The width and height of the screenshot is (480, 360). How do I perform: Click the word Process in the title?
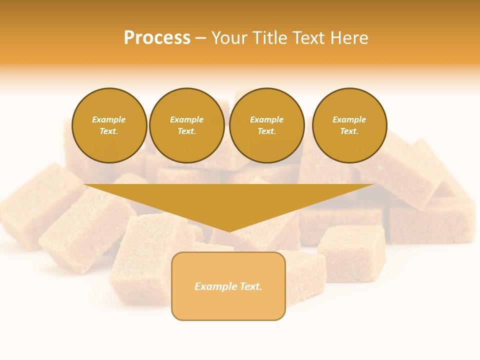coord(157,38)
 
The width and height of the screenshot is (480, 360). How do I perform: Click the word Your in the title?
coord(231,38)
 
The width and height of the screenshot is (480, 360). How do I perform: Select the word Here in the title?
coord(349,38)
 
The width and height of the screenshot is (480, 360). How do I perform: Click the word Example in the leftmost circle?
coord(109,119)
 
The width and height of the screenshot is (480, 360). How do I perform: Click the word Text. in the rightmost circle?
coord(349,131)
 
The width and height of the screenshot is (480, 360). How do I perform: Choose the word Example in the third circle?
coord(267,119)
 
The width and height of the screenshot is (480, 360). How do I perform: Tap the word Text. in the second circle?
coord(187,131)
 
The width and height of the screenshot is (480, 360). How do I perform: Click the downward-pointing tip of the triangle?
coord(229,230)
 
